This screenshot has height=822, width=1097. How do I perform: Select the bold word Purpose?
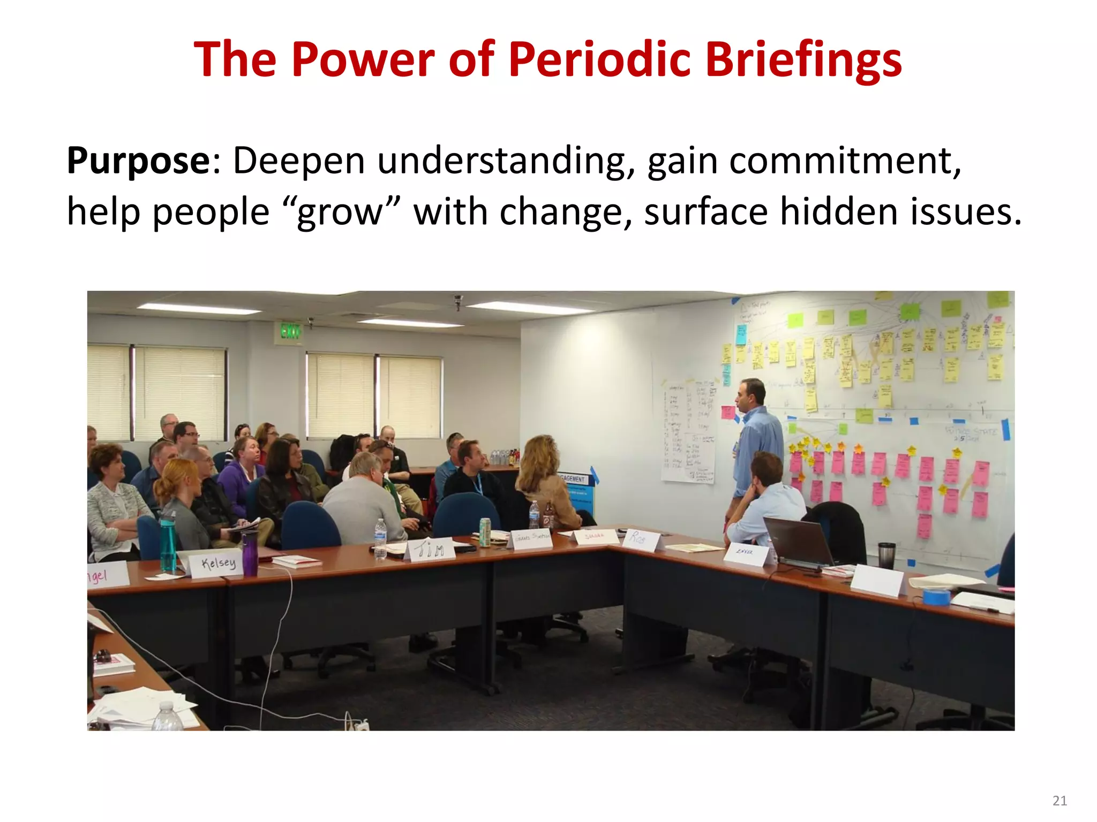coord(138,160)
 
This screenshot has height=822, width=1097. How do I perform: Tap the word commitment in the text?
coord(845,160)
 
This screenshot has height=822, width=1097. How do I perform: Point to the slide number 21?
coord(1060,801)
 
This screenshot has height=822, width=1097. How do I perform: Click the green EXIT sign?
coord(290,332)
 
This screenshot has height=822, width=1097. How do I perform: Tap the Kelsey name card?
coord(217,564)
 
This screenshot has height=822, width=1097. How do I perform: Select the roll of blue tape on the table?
coord(936,596)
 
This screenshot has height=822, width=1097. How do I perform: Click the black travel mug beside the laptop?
coord(886,555)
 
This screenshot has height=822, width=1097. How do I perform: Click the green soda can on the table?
coord(484,532)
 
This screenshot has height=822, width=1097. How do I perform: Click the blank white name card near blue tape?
coord(877,580)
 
